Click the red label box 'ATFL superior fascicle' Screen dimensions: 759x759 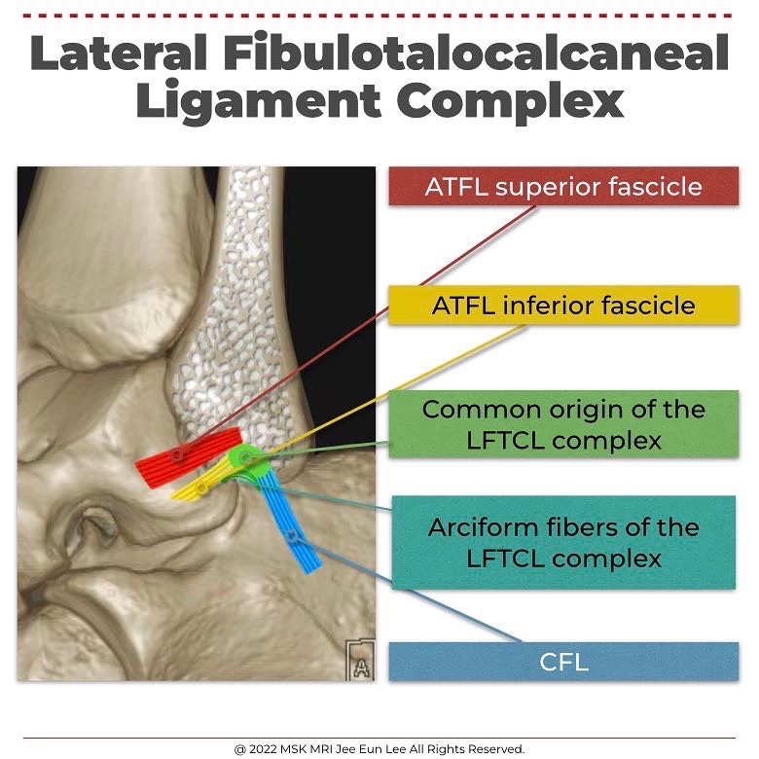click(x=563, y=186)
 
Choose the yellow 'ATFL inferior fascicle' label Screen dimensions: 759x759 click(x=563, y=306)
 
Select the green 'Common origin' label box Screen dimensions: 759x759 click(x=563, y=424)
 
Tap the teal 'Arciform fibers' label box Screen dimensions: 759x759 click(x=563, y=542)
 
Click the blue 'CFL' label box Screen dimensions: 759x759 click(x=563, y=662)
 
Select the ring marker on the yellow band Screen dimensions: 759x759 click(x=200, y=487)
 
